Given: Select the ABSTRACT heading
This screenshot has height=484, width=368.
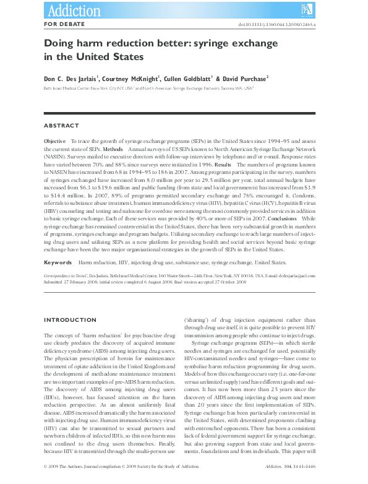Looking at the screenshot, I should [x=61, y=126].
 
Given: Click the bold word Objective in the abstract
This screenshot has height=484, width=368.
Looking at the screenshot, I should [x=55, y=142].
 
